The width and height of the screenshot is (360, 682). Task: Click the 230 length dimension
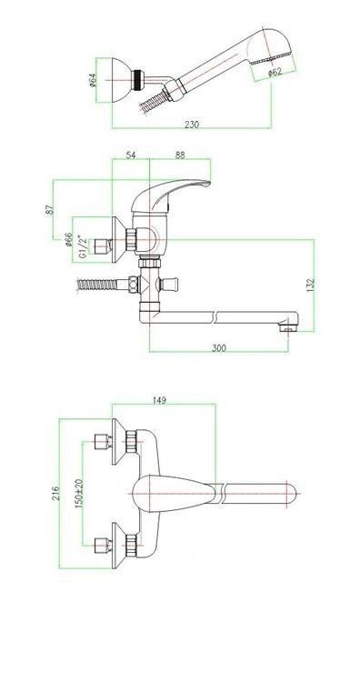[x=192, y=125]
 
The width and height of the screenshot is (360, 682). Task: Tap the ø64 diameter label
[x=93, y=80]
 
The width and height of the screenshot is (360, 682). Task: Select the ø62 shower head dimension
[x=275, y=72]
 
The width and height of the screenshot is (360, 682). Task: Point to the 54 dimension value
[x=131, y=155]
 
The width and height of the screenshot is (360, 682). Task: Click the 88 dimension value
[x=180, y=155]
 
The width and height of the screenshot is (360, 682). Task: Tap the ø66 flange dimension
[x=68, y=240]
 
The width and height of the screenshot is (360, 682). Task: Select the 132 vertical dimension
[x=310, y=286]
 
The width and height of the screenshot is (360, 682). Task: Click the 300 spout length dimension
[x=219, y=348]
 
